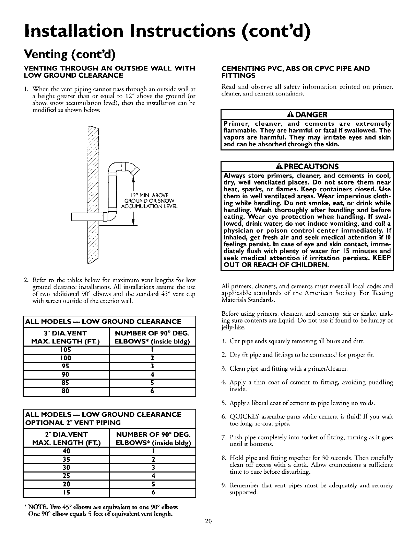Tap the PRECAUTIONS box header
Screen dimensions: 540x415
coord(306,167)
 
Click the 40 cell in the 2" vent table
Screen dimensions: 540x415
coord(66,451)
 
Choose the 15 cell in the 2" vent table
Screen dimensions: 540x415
coord(66,492)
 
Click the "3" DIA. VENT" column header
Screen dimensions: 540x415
coord(66,333)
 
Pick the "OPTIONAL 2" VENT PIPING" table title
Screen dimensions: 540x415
coord(73,422)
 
